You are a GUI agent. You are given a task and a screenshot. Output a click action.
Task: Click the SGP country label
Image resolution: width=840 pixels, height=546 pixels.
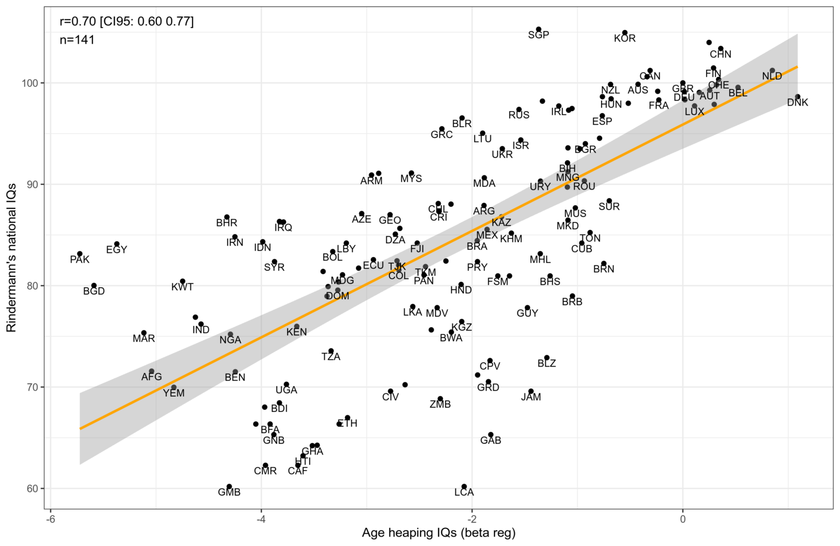pyautogui.click(x=538, y=35)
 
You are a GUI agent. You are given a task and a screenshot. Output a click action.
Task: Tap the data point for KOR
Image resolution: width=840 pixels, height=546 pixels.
pyautogui.click(x=625, y=33)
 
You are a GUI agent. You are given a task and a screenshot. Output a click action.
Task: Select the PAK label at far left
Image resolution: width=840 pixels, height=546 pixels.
pyautogui.click(x=79, y=260)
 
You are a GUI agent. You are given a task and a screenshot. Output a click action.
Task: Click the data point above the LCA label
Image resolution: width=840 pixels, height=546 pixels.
pyautogui.click(x=464, y=486)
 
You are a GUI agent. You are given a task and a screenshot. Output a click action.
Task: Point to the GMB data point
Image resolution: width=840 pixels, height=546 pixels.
pyautogui.click(x=229, y=486)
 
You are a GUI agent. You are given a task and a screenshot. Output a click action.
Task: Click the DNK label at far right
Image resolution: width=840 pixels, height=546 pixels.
pyautogui.click(x=797, y=103)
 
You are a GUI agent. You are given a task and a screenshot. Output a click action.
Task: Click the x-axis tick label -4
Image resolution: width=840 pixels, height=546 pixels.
pyautogui.click(x=261, y=519)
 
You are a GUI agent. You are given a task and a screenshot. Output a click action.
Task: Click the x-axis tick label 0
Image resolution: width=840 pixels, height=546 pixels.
pyautogui.click(x=682, y=519)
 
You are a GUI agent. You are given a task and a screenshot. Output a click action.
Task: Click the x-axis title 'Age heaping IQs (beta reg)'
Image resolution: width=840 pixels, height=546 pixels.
pyautogui.click(x=438, y=533)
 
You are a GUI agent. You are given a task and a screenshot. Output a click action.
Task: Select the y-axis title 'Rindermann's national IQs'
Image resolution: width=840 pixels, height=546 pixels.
pyautogui.click(x=11, y=258)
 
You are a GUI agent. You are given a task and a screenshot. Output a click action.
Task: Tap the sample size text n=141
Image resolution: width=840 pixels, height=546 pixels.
pyautogui.click(x=77, y=40)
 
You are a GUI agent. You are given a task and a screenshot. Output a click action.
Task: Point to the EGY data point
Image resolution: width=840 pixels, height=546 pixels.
pyautogui.click(x=116, y=244)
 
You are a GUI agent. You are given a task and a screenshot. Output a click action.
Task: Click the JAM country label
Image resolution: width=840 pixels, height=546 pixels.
pyautogui.click(x=530, y=397)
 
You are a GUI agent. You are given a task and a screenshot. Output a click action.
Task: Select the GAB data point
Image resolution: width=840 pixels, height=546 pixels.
pyautogui.click(x=491, y=434)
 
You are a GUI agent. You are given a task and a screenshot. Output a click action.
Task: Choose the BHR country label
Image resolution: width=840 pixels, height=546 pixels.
pyautogui.click(x=226, y=223)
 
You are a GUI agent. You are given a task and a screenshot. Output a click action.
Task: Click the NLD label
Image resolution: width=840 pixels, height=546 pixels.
pyautogui.click(x=772, y=77)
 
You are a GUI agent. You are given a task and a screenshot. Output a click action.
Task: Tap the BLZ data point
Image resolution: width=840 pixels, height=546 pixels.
pyautogui.click(x=546, y=357)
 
